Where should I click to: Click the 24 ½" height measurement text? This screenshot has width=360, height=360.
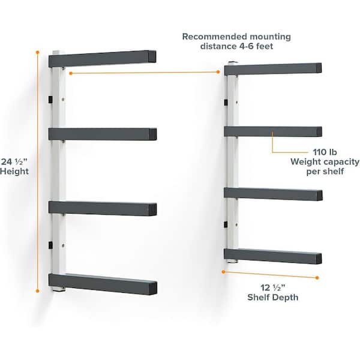click(14, 161)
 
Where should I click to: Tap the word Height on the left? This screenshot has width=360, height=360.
click(14, 171)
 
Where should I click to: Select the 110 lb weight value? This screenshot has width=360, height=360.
click(325, 152)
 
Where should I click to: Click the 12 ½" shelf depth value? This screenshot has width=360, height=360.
click(273, 287)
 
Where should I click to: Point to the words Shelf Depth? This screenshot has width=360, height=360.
click(273, 298)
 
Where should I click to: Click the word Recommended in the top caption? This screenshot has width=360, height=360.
click(215, 37)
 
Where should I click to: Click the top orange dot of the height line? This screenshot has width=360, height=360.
click(37, 53)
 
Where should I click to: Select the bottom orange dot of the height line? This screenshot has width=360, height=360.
click(37, 291)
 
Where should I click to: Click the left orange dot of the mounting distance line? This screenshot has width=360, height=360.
click(71, 73)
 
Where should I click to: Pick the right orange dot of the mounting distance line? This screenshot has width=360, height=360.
click(218, 72)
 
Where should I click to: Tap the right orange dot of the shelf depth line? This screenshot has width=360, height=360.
click(317, 278)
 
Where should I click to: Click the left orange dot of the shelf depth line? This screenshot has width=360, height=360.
click(223, 272)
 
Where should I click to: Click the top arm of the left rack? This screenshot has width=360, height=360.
click(103, 59)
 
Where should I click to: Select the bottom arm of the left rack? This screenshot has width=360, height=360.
click(103, 284)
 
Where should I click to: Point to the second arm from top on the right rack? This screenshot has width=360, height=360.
click(273, 132)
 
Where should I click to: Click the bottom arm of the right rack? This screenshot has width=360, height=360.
click(273, 256)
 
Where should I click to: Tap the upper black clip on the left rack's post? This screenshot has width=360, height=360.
click(50, 100)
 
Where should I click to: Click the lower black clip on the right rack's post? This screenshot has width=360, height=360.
click(226, 224)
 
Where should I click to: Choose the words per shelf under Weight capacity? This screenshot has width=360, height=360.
click(325, 171)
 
